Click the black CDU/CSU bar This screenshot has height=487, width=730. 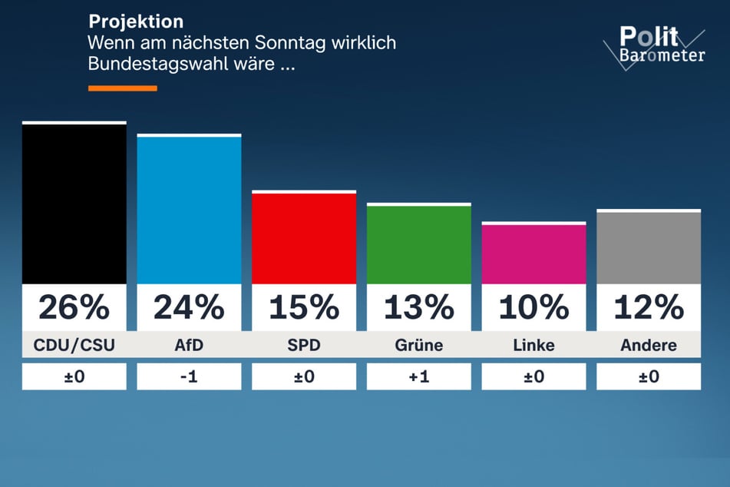(74, 204)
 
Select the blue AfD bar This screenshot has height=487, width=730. (189, 210)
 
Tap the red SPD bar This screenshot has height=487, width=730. (304, 238)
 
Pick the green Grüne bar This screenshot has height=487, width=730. (419, 244)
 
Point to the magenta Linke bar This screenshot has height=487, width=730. (533, 253)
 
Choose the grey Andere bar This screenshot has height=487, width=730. (649, 247)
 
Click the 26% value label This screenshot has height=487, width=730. (74, 307)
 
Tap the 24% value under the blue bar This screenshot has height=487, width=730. (189, 307)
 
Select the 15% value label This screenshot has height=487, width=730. (304, 307)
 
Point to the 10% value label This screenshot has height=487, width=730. (533, 307)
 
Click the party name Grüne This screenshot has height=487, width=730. (419, 345)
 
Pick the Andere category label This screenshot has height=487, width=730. (649, 345)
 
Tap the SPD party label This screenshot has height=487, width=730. (304, 345)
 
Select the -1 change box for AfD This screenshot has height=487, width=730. (189, 376)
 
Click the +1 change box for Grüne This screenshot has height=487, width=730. (419, 376)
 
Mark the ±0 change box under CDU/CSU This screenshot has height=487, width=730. (74, 376)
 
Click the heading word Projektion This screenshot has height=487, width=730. (136, 21)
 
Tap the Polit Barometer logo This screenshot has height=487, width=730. (653, 45)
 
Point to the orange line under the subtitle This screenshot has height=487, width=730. (123, 88)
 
